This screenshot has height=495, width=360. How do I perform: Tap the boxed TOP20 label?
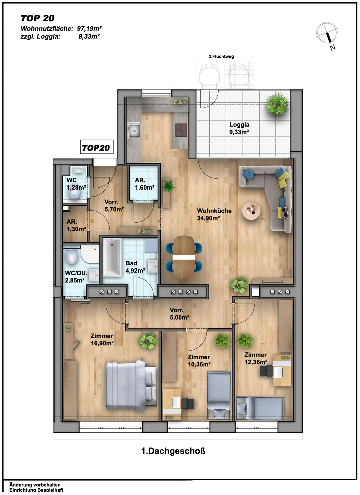96,147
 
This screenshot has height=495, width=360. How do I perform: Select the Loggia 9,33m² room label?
239,128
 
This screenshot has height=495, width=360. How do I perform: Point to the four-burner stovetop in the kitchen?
181,130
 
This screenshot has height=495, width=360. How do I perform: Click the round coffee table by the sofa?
251,210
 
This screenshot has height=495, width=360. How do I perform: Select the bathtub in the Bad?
112,258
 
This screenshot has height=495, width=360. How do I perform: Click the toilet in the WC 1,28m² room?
74,193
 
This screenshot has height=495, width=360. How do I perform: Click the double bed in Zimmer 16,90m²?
131,386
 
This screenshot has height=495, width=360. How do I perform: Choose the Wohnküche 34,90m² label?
214,214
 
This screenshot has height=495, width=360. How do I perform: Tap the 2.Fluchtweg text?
221,56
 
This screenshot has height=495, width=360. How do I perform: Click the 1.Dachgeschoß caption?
173,451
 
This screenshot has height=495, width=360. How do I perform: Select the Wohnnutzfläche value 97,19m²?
89,29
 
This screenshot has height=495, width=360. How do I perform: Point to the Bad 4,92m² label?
135,266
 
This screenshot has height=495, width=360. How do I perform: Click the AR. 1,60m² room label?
145,184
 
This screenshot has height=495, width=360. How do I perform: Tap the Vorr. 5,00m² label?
179,314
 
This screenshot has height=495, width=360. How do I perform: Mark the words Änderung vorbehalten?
35,485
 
